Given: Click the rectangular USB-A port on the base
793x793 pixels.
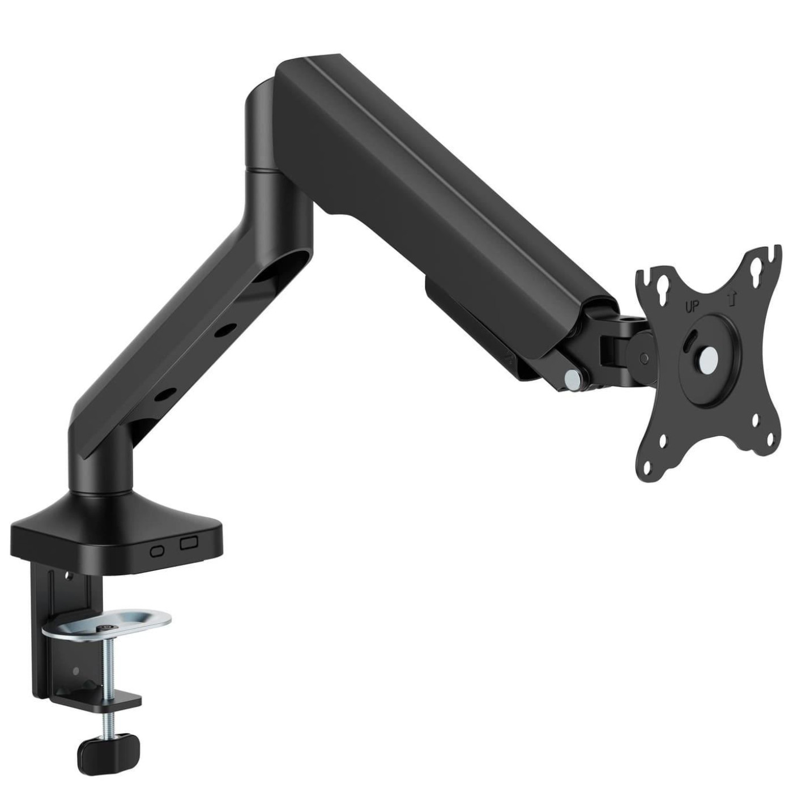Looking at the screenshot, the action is [x=189, y=544].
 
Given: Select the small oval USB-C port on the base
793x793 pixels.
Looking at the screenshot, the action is [x=157, y=552].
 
